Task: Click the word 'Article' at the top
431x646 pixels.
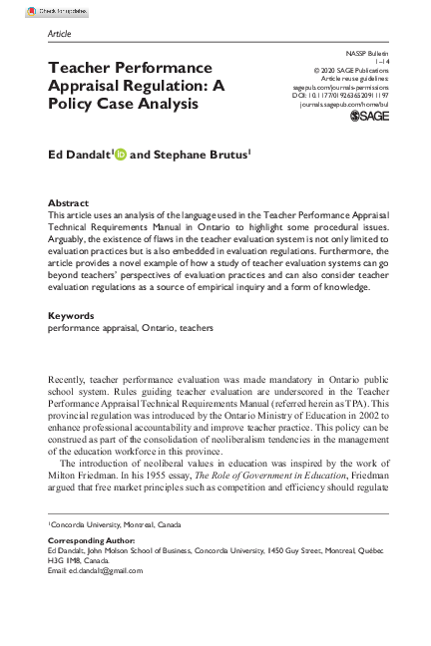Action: (60, 34)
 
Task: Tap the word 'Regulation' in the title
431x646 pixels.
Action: (164, 86)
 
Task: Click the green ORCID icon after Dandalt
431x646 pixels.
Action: (122, 155)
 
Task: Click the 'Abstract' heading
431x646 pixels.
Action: (68, 202)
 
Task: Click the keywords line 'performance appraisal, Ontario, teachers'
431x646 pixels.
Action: (130, 327)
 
